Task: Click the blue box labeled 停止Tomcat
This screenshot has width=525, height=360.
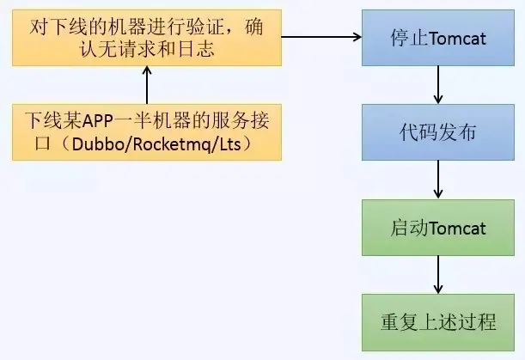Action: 438,38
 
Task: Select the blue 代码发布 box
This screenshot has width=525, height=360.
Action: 438,134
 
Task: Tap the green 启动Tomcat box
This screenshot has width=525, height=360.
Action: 438,229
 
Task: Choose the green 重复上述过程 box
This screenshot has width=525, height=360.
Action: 438,323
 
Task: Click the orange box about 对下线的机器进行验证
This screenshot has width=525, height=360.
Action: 147,38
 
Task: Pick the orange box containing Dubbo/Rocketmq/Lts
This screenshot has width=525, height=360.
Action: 147,131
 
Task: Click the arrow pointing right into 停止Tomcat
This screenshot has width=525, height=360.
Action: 321,38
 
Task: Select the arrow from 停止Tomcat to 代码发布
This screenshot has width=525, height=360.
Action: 438,86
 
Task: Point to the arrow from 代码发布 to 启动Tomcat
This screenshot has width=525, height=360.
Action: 438,181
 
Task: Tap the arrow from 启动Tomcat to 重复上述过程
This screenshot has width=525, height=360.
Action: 438,276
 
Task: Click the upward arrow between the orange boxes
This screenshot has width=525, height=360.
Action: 147,85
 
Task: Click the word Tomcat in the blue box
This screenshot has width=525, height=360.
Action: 456,38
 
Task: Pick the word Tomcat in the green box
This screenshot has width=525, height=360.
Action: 456,229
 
